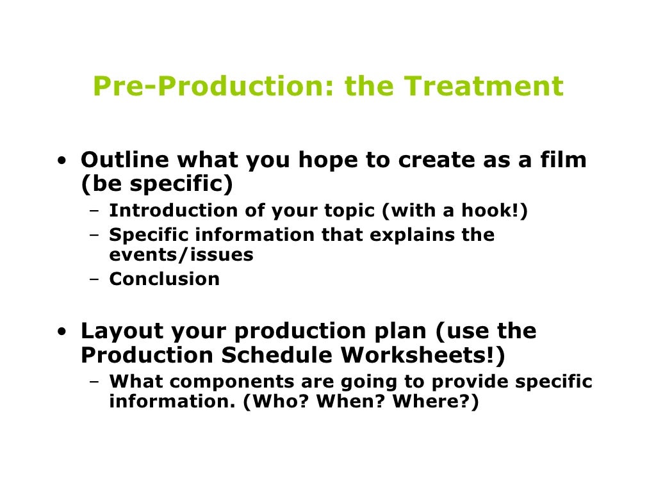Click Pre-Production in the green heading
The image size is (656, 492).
[209, 86]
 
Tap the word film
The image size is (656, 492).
[564, 160]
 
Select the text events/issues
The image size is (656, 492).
[181, 255]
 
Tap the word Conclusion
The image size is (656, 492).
[165, 279]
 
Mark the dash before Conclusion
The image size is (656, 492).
[94, 279]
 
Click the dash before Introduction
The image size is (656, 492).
[94, 211]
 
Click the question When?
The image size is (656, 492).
[346, 403]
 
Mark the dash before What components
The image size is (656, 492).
[94, 382]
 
